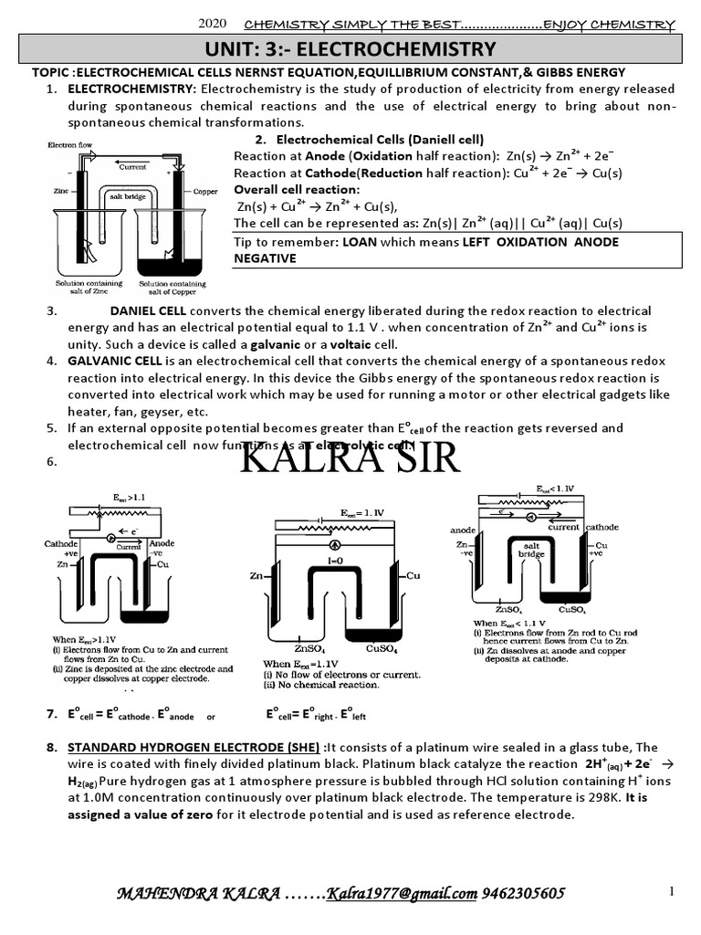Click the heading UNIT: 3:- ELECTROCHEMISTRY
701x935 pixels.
pyautogui.click(x=350, y=48)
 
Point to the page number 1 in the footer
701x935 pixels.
pyautogui.click(x=672, y=891)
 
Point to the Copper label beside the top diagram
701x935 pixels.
pyautogui.click(x=205, y=192)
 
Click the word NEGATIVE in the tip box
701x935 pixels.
pyautogui.click(x=265, y=258)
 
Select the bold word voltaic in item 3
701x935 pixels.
pyautogui.click(x=350, y=344)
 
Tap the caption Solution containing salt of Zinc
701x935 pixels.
pyautogui.click(x=81, y=289)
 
